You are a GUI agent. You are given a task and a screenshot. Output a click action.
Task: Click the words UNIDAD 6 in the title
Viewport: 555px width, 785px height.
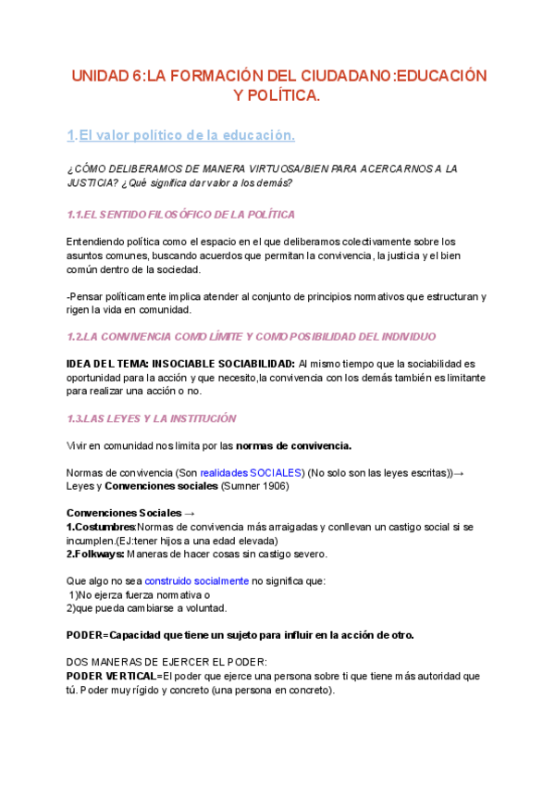coord(106,75)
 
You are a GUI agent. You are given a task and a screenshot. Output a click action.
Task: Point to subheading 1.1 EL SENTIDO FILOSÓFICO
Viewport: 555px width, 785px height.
coord(181,215)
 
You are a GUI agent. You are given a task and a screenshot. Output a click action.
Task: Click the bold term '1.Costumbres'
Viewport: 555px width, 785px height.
coord(101,527)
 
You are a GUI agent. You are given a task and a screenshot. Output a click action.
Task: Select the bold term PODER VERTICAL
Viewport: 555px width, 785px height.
coord(111,676)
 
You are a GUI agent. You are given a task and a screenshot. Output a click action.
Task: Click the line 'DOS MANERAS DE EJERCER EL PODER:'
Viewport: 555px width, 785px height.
coord(166,662)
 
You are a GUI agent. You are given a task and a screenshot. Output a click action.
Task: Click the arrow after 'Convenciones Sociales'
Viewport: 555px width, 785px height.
coord(190,513)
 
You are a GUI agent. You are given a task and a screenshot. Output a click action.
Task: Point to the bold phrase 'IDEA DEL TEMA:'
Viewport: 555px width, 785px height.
coord(107,363)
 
